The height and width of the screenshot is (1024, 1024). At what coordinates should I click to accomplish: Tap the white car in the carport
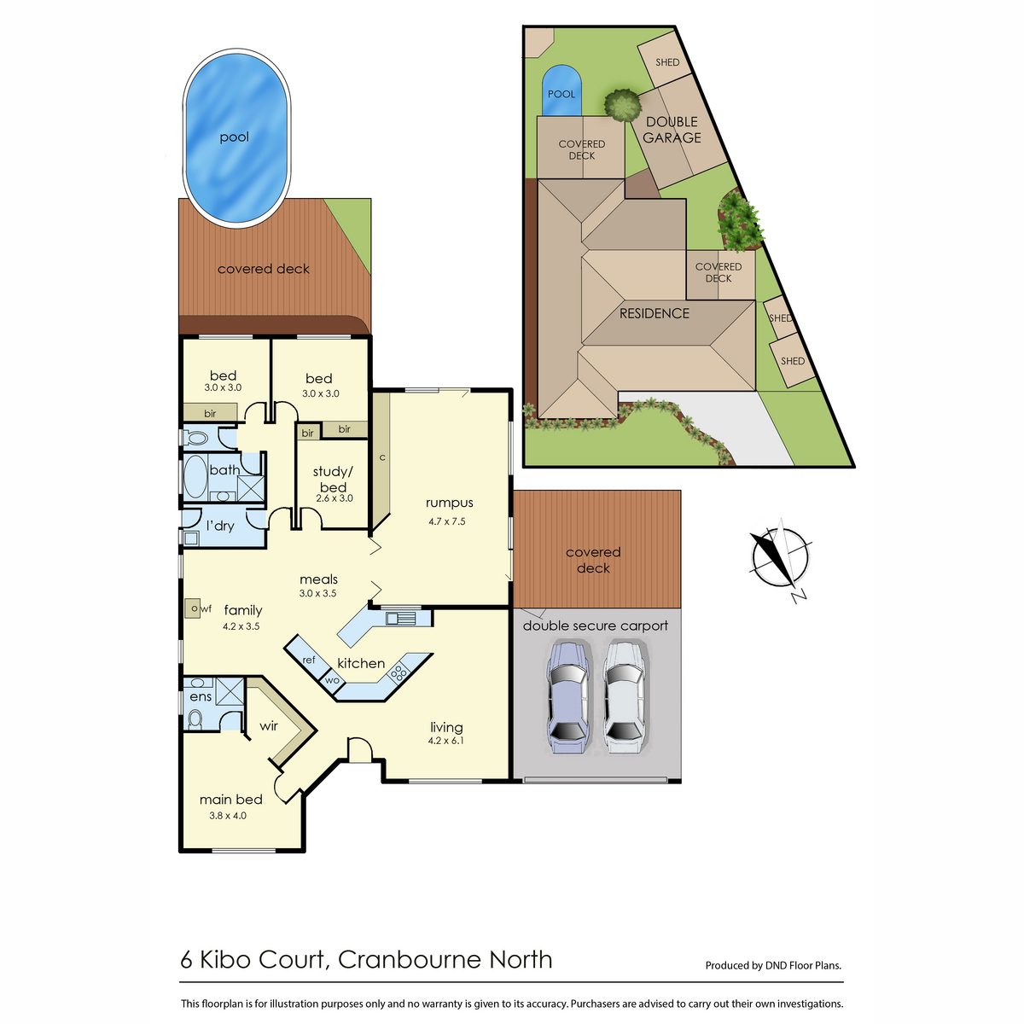[625, 696]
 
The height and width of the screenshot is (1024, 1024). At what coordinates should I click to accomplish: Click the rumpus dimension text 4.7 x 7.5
[447, 521]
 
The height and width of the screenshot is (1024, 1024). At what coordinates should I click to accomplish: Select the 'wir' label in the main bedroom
[268, 726]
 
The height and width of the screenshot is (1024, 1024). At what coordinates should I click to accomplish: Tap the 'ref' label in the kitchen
[309, 660]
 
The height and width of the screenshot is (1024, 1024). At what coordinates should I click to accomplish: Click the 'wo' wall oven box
[333, 681]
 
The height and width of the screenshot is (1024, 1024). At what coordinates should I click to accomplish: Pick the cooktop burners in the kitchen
[398, 673]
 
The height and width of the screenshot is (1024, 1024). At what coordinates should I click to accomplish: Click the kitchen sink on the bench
[401, 618]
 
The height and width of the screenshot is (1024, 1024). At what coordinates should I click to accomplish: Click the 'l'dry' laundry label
[220, 526]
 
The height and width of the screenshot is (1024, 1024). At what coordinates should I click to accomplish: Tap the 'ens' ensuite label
[201, 696]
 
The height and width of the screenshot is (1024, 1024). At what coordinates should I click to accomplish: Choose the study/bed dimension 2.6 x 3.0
[335, 497]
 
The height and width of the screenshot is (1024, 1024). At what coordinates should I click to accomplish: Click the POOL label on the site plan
[561, 94]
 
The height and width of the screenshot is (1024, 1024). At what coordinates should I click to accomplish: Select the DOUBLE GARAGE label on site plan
[672, 130]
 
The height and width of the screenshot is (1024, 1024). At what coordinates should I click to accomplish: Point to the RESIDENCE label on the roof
[655, 313]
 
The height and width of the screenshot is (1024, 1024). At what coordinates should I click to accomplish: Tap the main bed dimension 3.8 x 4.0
[228, 816]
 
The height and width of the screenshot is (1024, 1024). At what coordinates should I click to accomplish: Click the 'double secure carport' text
[595, 625]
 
